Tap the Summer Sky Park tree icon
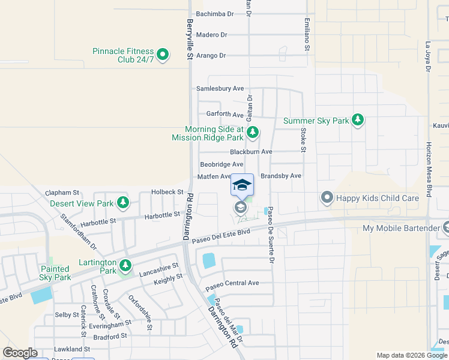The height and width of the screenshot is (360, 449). point(358,121)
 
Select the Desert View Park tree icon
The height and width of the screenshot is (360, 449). point(123,203)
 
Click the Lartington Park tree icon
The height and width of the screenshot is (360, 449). point(125,265)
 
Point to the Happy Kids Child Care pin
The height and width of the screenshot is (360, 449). point(327,197)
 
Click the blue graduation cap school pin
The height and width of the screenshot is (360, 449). point(242,185)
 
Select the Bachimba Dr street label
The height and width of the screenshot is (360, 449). point(214,14)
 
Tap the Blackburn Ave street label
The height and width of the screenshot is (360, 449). point(251,152)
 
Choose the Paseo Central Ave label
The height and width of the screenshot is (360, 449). point(232,283)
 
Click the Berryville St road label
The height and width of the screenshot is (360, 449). point(189,38)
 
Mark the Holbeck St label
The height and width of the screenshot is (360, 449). point(167,191)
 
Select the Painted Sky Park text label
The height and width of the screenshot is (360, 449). point(55,273)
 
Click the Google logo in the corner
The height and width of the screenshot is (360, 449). point(20,353)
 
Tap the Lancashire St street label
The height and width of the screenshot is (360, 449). point(159,269)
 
